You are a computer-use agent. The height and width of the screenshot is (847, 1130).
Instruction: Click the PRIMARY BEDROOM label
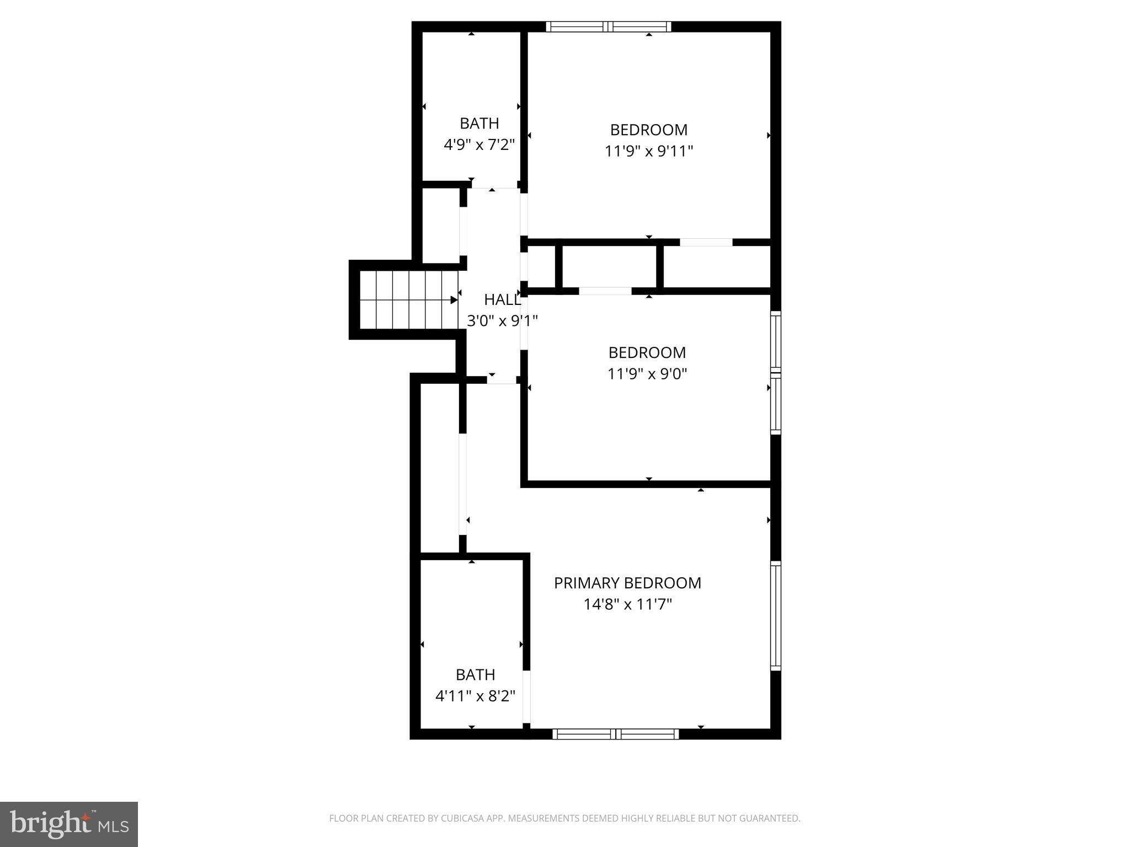627,583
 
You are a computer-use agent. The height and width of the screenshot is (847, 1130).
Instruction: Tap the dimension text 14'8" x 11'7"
627,605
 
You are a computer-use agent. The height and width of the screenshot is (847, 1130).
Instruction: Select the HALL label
502,299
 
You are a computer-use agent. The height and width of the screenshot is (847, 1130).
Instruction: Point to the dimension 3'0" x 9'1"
502,320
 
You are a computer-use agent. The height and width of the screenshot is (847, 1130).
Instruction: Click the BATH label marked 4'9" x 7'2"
479,123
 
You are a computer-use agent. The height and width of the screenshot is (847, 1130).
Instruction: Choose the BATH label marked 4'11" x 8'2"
475,674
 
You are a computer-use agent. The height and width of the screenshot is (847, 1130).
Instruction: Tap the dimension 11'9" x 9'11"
648,151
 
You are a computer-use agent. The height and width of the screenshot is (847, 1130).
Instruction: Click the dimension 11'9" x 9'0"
647,374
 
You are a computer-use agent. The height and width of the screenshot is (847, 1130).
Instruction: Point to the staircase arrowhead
454,300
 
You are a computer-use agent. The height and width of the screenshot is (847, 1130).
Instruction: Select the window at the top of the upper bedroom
608,26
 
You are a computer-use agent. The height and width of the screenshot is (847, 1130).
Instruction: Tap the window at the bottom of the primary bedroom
615,733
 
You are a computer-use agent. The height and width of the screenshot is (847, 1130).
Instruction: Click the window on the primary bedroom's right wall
776,615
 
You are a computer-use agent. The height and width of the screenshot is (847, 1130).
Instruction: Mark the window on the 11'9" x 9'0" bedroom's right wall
776,373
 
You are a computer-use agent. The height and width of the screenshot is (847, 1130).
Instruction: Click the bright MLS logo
69,824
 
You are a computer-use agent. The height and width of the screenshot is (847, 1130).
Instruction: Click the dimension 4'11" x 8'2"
475,696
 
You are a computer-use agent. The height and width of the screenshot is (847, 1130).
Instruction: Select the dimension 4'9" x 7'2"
479,145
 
